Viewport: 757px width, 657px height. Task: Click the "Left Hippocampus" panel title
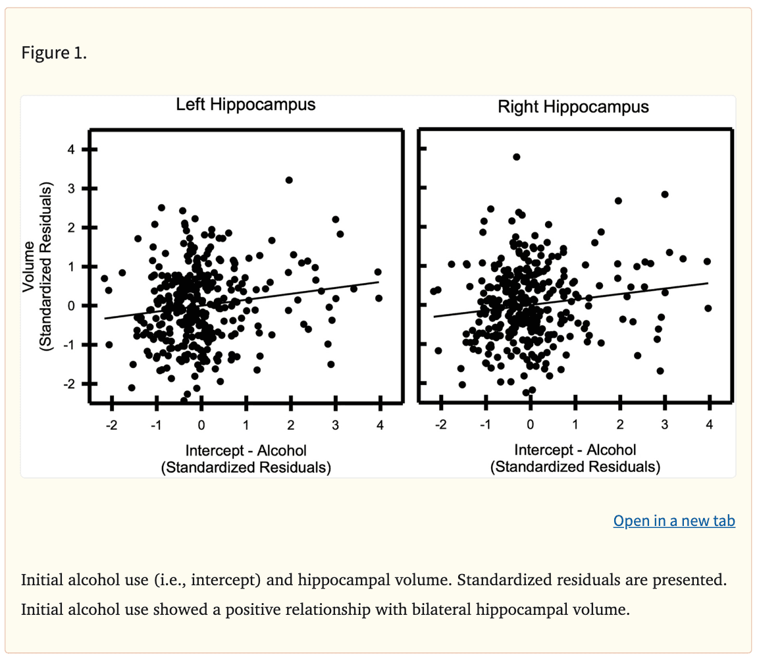[246, 105]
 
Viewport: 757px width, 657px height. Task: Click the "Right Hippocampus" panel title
[573, 107]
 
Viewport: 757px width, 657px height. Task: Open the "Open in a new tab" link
[674, 521]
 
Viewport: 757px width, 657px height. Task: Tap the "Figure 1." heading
[54, 53]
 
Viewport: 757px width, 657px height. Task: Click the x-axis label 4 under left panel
[380, 425]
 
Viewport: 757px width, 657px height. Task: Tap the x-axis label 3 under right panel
[665, 425]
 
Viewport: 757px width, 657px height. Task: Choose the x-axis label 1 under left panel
[246, 425]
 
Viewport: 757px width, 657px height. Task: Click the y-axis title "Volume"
[29, 267]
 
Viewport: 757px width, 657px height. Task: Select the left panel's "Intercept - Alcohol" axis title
[246, 450]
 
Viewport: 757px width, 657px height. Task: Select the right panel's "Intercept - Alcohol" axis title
[575, 450]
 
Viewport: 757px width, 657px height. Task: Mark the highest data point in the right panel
[517, 157]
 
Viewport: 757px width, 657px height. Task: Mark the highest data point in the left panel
[289, 180]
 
